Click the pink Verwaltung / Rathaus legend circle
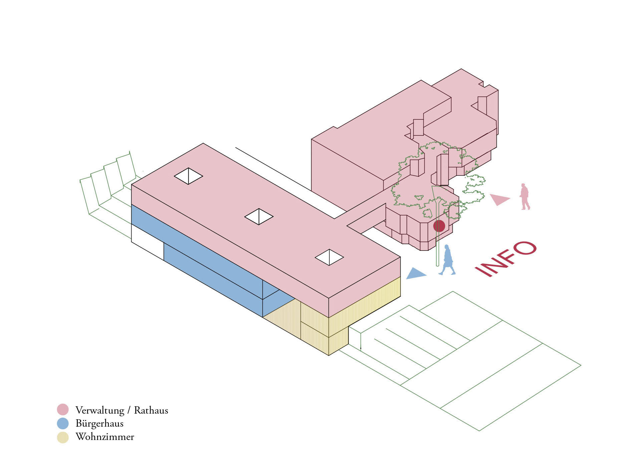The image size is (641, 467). coord(63,409)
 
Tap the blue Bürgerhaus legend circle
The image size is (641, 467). coord(63,423)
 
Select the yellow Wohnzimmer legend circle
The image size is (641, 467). coord(63,437)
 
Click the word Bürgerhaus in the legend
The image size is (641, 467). coord(99,424)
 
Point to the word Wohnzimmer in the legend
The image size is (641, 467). coord(105,437)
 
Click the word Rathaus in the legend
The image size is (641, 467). coord(151,410)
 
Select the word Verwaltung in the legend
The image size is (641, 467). coord(100,410)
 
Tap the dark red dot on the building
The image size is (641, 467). coord(439,226)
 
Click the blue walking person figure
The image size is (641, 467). coord(447,260)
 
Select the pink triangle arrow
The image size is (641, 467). coord(499,199)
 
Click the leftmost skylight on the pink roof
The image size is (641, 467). coord(188,176)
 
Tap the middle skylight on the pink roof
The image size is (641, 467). coord(259,216)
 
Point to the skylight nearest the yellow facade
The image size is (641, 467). coord(329,257)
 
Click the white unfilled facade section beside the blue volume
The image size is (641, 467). coord(147,242)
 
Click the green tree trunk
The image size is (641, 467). coord(437,240)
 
